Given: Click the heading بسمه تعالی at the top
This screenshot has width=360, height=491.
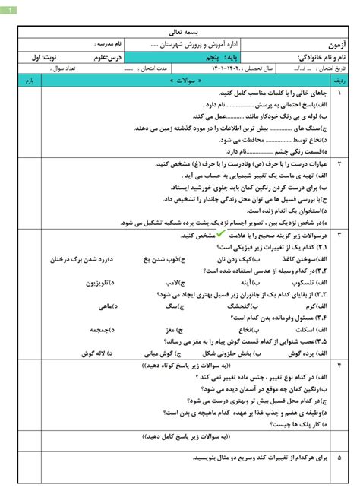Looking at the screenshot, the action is (x=180, y=34).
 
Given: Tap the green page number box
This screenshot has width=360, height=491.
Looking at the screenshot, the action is (x=12, y=8).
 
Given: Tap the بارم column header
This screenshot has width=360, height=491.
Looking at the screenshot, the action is (x=29, y=79).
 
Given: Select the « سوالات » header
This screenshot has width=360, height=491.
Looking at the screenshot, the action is (x=180, y=79).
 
